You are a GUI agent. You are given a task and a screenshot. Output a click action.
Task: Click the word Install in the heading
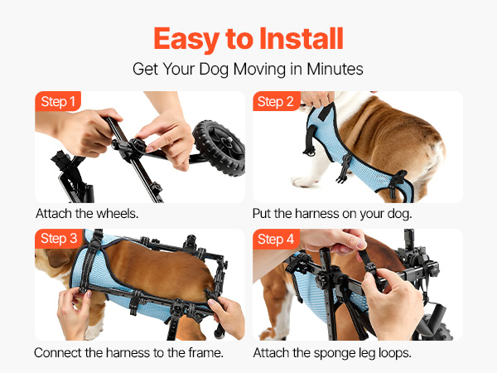[x=302, y=39]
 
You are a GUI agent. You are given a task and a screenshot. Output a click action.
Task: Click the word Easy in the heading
[x=186, y=40]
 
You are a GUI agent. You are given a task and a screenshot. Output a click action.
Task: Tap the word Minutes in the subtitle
[x=335, y=69]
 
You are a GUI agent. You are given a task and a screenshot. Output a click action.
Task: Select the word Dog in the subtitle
[x=215, y=70]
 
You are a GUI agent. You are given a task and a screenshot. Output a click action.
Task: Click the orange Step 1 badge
[x=58, y=101]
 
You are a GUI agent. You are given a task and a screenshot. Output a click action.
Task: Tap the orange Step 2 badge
[x=276, y=101]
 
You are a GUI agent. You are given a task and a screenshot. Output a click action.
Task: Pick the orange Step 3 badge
[x=59, y=239]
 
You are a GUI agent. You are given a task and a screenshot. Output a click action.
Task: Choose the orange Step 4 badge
[x=276, y=239]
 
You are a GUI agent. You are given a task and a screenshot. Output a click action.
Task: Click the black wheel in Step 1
[x=220, y=148]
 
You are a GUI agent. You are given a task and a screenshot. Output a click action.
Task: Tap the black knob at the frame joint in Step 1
[x=137, y=146]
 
